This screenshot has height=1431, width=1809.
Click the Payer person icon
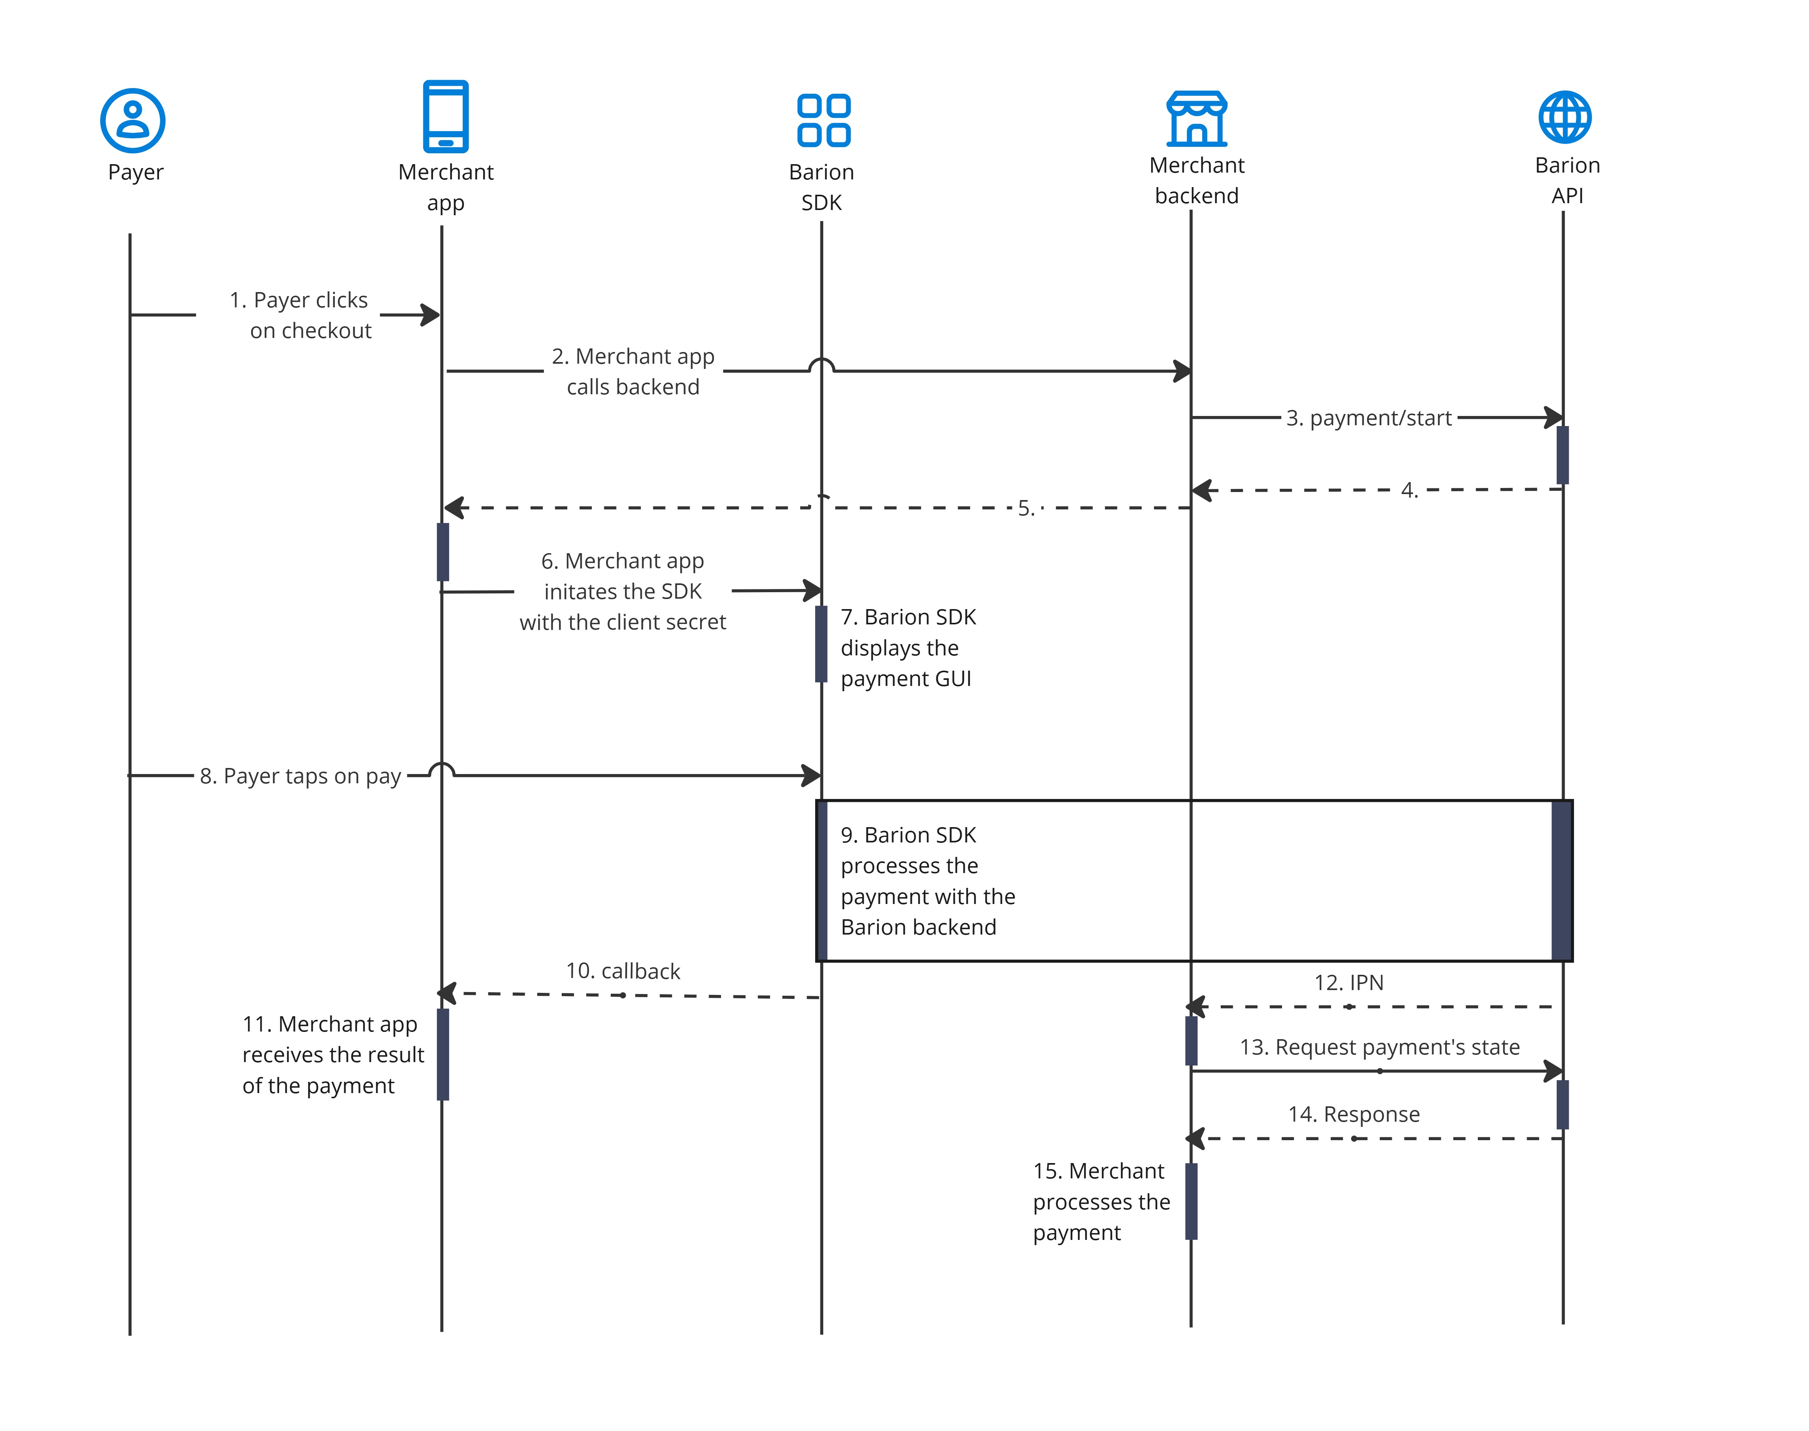(132, 121)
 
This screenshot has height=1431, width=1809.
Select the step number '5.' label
(1026, 509)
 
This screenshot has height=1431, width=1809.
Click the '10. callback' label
(622, 971)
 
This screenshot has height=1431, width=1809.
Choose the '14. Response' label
(1353, 1114)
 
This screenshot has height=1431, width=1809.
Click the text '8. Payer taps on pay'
(300, 777)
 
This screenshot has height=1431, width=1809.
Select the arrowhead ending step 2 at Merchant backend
(1182, 371)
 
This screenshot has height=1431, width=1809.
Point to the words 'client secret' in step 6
(675, 622)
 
